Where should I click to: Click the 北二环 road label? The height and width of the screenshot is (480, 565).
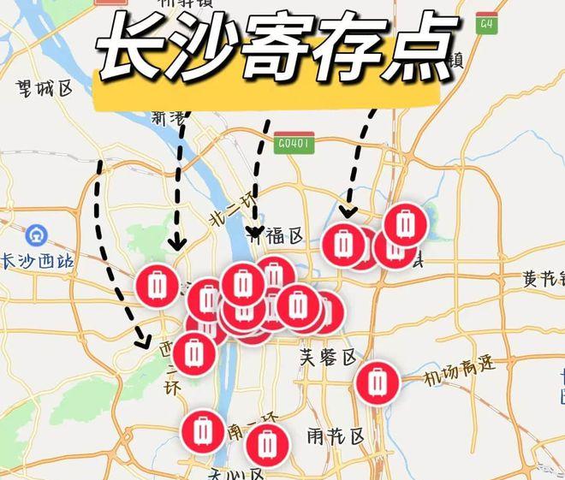pyautogui.click(x=232, y=210)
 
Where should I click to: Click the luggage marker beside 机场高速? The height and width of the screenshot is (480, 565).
pyautogui.click(x=378, y=382)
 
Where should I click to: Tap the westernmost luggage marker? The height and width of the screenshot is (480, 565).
pyautogui.click(x=157, y=285)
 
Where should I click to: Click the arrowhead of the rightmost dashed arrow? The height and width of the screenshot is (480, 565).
pyautogui.click(x=348, y=211)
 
